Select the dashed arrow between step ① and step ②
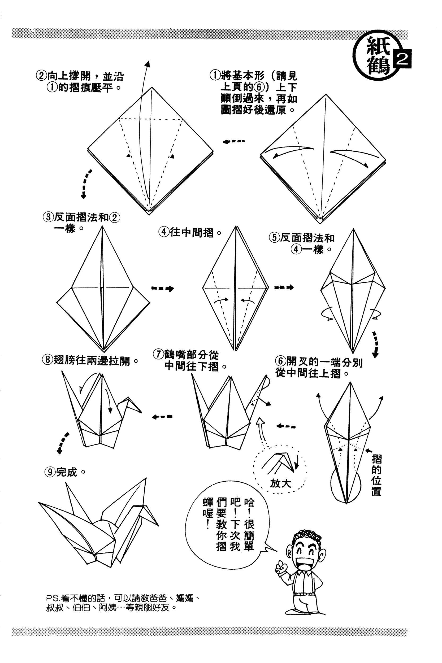pos(234,141)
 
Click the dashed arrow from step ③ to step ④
pos(163,288)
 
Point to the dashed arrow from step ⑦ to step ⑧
pos(162,417)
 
